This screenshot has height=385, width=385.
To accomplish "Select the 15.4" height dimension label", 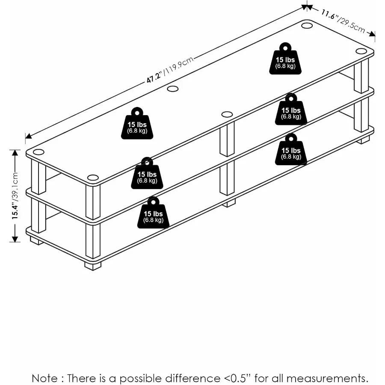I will point(15,195).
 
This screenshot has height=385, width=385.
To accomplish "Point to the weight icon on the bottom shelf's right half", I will point(291,149).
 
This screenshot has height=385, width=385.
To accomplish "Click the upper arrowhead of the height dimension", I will point(15,153).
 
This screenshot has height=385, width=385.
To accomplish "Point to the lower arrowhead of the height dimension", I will point(15,239).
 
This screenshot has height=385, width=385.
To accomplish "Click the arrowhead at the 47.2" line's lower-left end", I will point(28,136).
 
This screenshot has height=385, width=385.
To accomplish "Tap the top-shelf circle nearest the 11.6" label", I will point(307,26).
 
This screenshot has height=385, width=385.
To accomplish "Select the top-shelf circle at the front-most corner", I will point(93,178).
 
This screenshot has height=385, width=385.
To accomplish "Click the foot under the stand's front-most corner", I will point(93,265).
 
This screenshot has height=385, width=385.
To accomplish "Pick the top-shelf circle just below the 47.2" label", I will point(172,89).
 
